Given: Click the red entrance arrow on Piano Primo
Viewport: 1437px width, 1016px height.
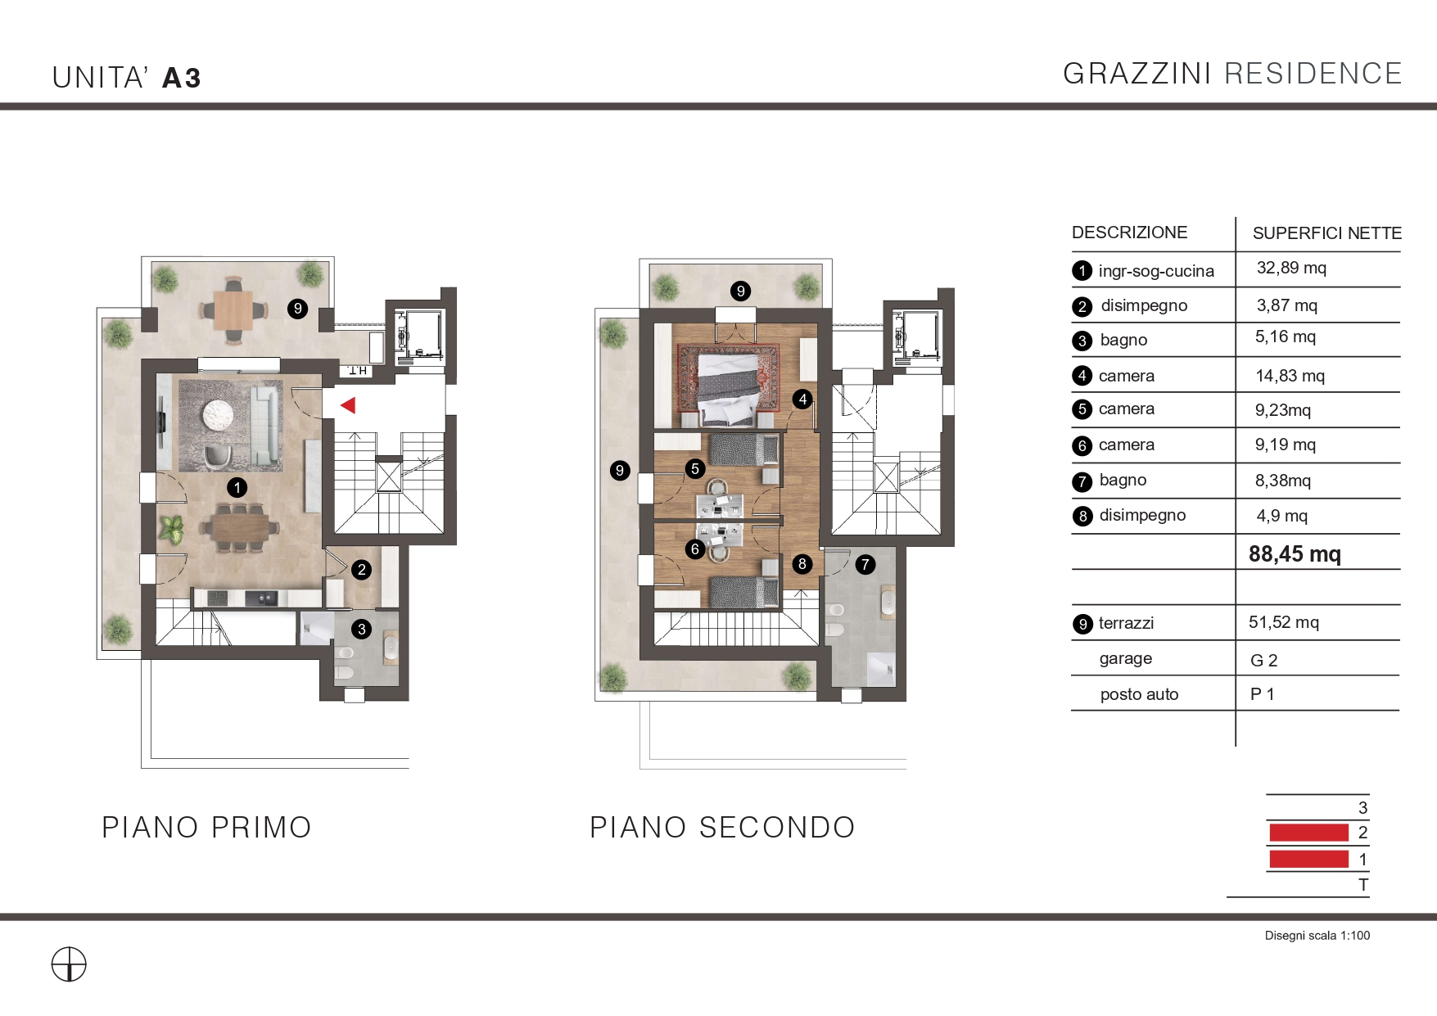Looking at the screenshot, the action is pyautogui.click(x=348, y=404).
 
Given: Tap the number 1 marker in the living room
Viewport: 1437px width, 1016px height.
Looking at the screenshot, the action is pyautogui.click(x=237, y=488).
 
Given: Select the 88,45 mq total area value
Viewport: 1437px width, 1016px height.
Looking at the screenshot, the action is pyautogui.click(x=1295, y=554).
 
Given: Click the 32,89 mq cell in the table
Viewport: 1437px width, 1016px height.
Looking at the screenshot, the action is pyautogui.click(x=1291, y=268).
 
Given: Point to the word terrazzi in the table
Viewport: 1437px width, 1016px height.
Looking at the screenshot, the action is pyautogui.click(x=1126, y=623).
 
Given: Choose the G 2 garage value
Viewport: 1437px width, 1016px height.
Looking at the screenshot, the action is pyautogui.click(x=1263, y=660).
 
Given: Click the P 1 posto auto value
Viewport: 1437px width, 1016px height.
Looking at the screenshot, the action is pyautogui.click(x=1262, y=694).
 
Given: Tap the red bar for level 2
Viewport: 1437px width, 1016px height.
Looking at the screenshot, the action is pyautogui.click(x=1308, y=833).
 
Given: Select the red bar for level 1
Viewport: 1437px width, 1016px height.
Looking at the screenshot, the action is pyautogui.click(x=1308, y=859).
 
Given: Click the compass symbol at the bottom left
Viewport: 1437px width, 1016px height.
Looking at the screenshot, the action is pyautogui.click(x=69, y=964).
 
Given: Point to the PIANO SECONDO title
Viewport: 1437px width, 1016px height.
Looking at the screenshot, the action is pyautogui.click(x=722, y=828).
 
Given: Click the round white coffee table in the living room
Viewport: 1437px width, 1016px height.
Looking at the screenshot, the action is pyautogui.click(x=219, y=414).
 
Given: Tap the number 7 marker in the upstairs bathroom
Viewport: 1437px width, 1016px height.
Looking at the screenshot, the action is pyautogui.click(x=865, y=564).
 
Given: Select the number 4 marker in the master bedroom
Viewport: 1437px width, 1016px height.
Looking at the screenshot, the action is pyautogui.click(x=802, y=400).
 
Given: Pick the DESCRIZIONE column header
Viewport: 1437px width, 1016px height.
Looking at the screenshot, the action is pyautogui.click(x=1129, y=233).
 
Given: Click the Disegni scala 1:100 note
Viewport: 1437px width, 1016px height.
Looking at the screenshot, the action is pyautogui.click(x=1317, y=936).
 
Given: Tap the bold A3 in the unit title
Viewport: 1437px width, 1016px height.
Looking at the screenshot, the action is pyautogui.click(x=182, y=78).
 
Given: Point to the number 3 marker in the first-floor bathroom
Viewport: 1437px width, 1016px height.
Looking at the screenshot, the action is pyautogui.click(x=362, y=629).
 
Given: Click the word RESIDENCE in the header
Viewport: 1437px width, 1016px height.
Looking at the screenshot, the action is pyautogui.click(x=1313, y=74).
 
